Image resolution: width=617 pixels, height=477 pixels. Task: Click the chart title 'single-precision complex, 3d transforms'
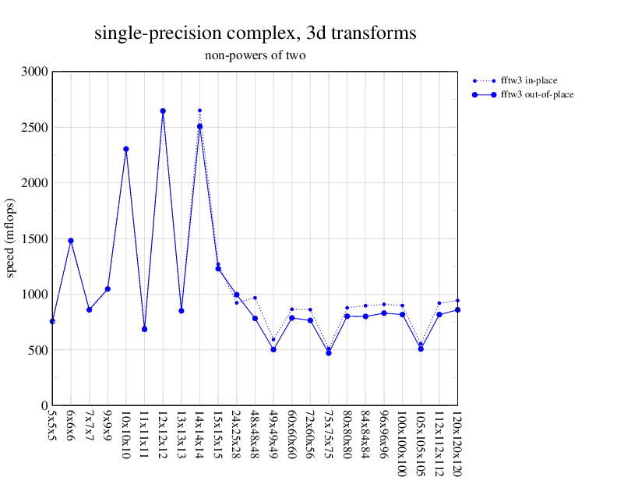coord(255,34)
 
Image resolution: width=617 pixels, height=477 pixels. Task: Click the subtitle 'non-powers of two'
coord(255,55)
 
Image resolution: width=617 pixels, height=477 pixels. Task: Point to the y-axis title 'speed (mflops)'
coord(12,238)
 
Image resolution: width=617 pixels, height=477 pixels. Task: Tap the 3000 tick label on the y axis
coord(35,72)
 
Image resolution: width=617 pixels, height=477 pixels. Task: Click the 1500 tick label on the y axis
coord(35,238)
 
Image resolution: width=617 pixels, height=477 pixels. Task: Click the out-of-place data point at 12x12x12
coord(163,111)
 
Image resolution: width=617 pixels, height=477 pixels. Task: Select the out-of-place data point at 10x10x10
coord(125,149)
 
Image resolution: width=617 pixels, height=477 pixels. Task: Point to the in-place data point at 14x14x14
coord(199,111)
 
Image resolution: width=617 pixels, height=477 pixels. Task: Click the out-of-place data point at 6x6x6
coord(71,241)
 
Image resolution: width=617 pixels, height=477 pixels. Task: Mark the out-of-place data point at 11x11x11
coord(144,329)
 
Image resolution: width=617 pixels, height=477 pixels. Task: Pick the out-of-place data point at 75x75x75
coord(329,353)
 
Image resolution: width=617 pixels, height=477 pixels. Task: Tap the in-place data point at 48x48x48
coord(255,298)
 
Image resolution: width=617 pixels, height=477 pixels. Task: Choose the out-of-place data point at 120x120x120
coord(457,310)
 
